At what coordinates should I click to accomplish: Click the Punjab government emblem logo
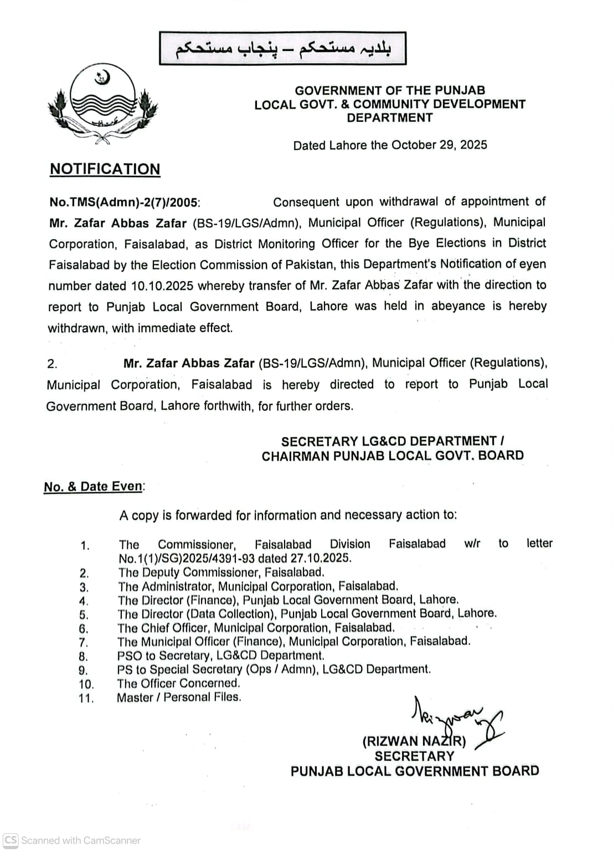102,103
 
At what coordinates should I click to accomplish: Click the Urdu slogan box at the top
283,49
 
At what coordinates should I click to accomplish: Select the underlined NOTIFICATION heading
105,169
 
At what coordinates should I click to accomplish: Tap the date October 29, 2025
439,145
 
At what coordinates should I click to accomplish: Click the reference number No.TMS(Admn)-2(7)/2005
123,203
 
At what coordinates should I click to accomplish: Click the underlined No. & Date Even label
94,487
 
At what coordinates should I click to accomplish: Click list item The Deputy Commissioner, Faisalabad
221,572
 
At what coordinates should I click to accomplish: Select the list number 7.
84,643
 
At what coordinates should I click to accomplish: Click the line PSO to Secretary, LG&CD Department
220,655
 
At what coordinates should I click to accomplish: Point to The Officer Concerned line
178,683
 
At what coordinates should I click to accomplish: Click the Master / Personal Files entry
179,697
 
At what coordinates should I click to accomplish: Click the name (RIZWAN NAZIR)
414,741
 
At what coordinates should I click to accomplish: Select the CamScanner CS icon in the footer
11,840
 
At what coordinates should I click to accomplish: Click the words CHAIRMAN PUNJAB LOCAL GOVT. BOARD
393,456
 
